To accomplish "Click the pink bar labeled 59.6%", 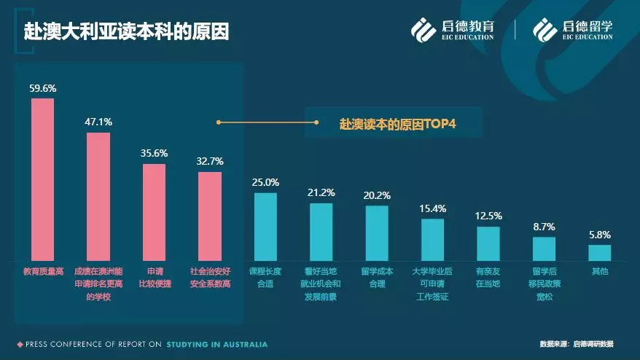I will point(42,179).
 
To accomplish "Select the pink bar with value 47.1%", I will point(98,196).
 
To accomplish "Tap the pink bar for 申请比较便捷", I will point(154,212).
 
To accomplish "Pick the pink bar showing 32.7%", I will point(210,216).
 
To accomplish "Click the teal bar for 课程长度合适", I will point(265,226).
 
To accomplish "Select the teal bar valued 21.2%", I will point(321,231).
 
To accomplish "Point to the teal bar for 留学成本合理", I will point(377,232).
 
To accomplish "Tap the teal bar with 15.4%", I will point(432,239).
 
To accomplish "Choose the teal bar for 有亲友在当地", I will point(488,243).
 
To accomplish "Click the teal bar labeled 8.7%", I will point(544,249).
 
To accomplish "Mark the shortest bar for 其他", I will point(599,252).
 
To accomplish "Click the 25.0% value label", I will point(265,182).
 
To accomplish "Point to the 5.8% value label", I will point(599,235).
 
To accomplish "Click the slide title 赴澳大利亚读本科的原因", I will point(126,32).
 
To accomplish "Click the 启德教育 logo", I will point(453,29).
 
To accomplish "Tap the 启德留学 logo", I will point(572,29).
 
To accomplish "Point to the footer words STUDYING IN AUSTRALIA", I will point(216,344).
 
